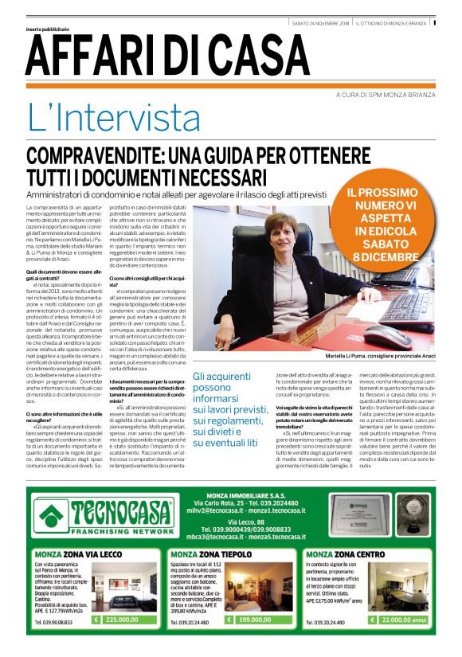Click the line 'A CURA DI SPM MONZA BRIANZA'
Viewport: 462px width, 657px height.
click(x=384, y=94)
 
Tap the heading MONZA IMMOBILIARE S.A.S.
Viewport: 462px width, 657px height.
click(x=245, y=472)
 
